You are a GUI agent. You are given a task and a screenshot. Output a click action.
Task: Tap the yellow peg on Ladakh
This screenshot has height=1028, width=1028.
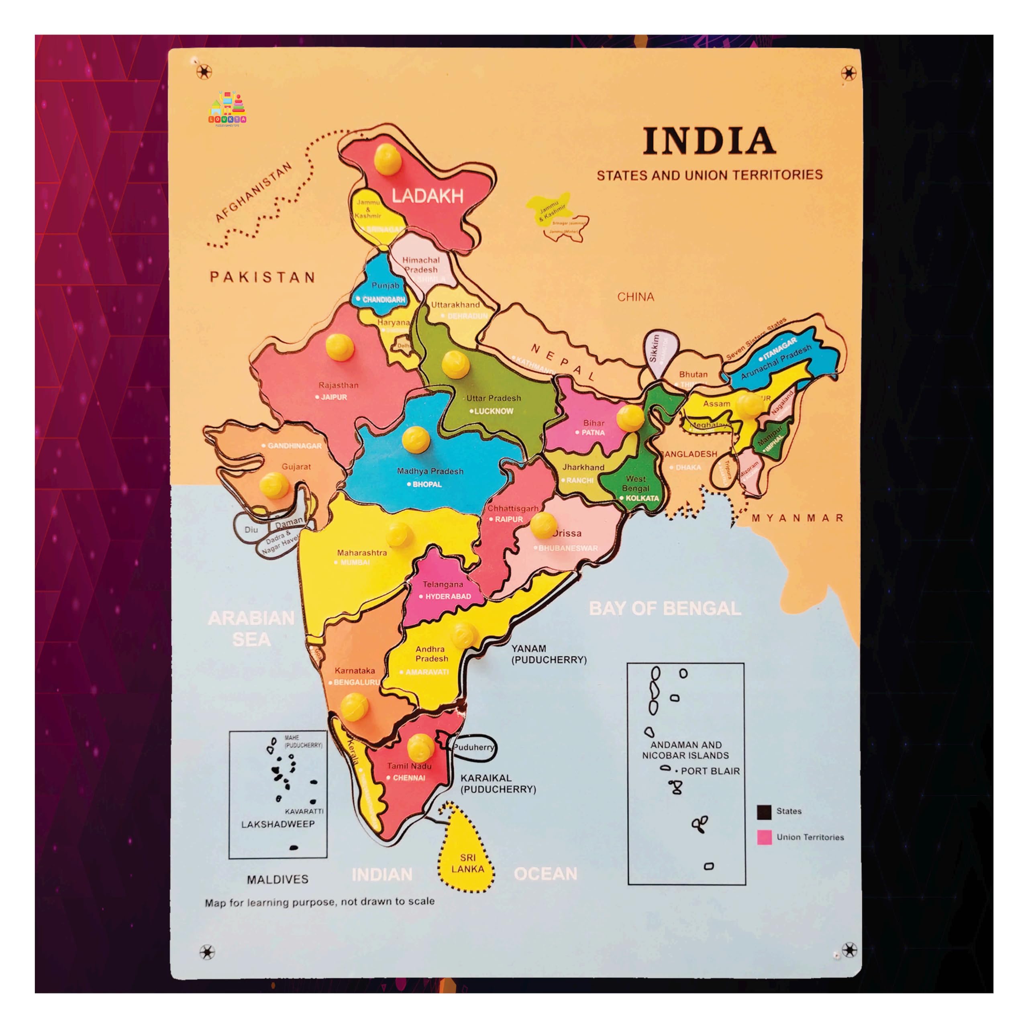tap(388, 158)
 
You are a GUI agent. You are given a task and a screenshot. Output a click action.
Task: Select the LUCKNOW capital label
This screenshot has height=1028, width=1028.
tap(493, 411)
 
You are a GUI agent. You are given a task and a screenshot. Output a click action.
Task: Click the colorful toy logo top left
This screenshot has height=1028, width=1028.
tap(227, 109)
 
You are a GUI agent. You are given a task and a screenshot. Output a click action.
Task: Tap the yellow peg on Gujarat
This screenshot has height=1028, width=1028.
tap(274, 485)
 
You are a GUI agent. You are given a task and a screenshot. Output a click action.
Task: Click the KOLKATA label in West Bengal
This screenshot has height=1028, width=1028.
tap(642, 498)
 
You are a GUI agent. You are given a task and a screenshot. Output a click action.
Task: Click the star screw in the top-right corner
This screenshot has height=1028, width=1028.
tap(848, 73)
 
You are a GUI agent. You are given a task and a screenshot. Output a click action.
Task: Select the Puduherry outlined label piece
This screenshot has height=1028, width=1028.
tap(473, 747)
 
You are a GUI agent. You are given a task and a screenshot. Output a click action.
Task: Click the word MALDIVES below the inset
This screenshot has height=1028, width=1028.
tap(277, 879)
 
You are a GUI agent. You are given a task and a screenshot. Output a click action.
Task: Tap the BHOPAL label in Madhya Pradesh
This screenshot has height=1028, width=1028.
tap(427, 484)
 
